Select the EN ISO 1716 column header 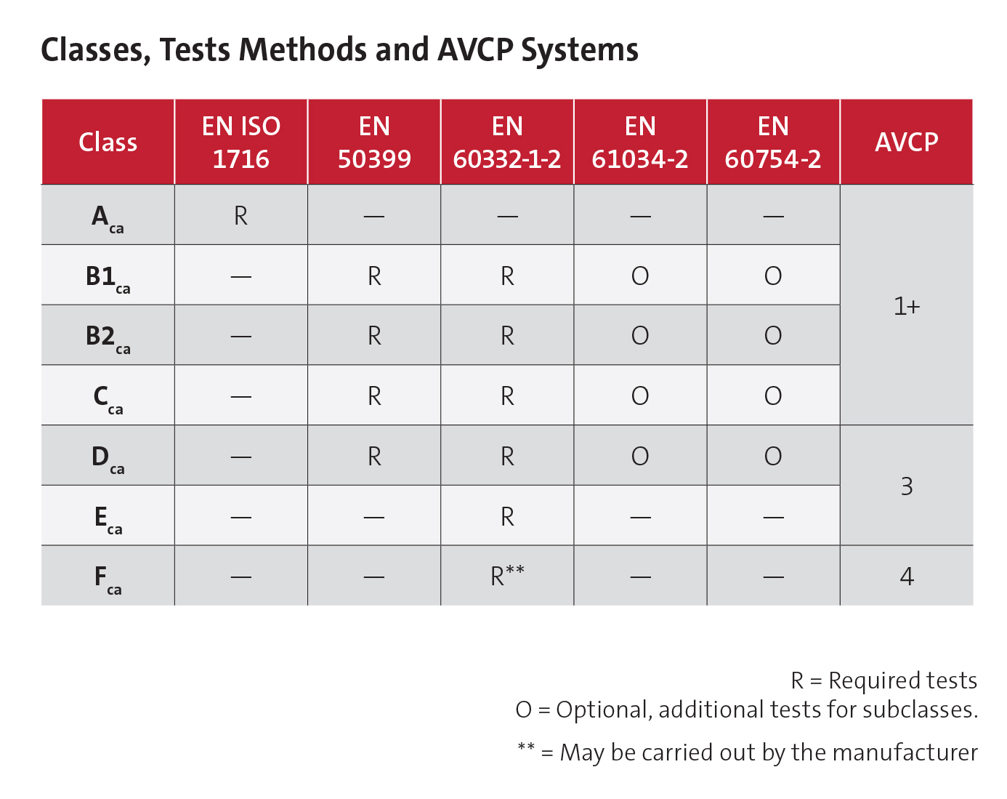[240, 142]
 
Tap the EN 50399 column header [374, 142]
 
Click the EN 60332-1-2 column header [507, 142]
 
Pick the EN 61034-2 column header [640, 142]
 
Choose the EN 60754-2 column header [773, 142]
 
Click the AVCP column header [906, 142]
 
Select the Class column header [108, 142]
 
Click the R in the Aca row [240, 216]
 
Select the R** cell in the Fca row [507, 576]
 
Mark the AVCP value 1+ [906, 306]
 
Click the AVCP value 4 [906, 577]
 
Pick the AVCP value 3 [906, 486]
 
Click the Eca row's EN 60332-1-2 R [507, 517]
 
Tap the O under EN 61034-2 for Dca [640, 457]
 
